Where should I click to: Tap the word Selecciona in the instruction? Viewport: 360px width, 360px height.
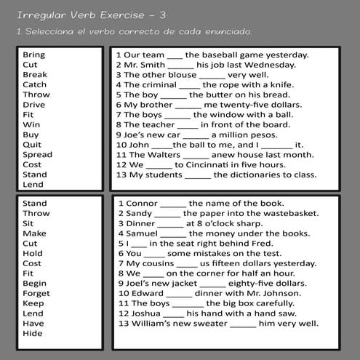50,33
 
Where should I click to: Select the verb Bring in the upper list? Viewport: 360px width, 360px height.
33,55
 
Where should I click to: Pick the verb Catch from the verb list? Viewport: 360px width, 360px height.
34,84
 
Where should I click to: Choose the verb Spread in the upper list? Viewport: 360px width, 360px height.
37,154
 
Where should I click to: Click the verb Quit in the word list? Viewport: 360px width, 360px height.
32,144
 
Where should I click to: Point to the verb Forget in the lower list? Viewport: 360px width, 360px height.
36,293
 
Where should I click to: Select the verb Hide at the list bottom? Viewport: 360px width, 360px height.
33,333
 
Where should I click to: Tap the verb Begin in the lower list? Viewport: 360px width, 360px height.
34,283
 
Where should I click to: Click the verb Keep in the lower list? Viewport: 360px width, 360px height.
33,303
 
